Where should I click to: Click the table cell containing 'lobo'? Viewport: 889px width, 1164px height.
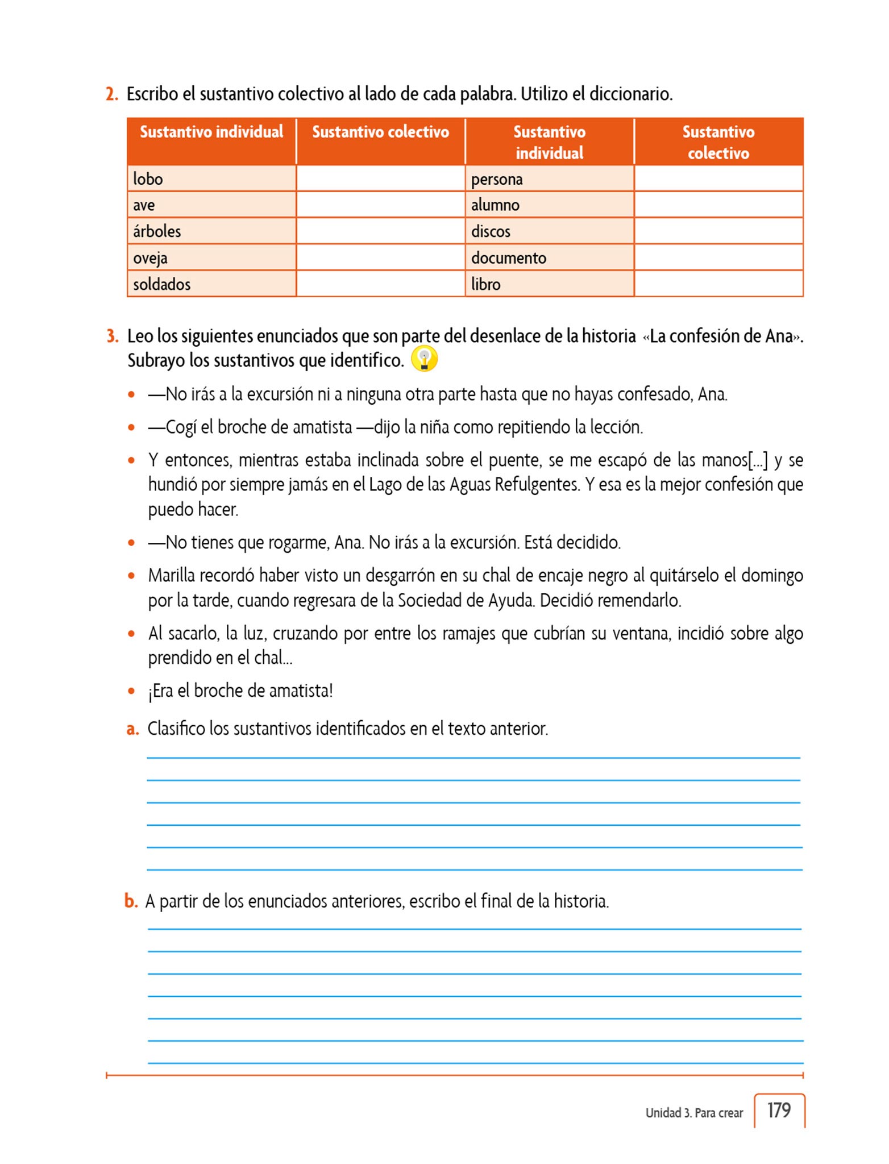point(211,179)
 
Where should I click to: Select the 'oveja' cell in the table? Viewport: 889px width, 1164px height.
point(211,258)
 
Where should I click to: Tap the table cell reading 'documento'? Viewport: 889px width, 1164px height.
point(549,258)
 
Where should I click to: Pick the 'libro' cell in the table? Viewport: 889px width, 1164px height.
point(549,284)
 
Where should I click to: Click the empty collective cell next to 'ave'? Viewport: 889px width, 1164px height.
point(380,205)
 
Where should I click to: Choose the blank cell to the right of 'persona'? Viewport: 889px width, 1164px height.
point(718,179)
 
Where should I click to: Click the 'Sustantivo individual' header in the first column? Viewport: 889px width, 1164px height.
point(211,132)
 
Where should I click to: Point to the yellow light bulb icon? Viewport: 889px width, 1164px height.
point(424,359)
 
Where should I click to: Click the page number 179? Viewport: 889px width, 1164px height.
point(779,1110)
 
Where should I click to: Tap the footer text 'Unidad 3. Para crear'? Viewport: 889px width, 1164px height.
point(694,1113)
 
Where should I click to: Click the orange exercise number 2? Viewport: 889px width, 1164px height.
point(112,94)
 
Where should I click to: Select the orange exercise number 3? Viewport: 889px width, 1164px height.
point(113,336)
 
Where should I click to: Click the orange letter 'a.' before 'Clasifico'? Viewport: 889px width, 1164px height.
point(132,729)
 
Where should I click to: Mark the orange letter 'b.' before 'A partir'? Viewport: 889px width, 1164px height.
point(131,901)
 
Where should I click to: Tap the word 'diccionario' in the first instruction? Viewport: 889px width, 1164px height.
point(630,94)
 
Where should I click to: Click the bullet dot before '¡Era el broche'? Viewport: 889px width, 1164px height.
point(131,692)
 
